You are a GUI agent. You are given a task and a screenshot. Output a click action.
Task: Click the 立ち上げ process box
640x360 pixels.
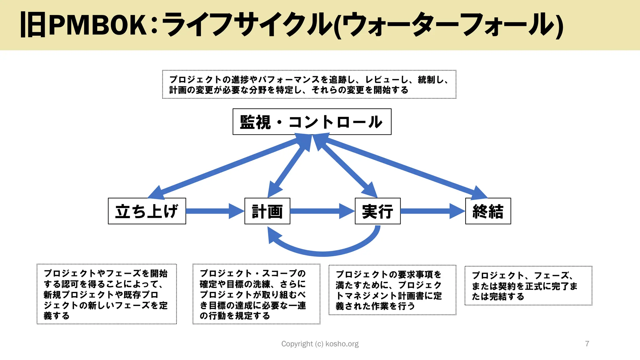(x=147, y=211)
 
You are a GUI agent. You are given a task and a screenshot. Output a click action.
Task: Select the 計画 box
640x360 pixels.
(x=267, y=211)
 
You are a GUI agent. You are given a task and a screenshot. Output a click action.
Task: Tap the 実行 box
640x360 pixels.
(x=377, y=211)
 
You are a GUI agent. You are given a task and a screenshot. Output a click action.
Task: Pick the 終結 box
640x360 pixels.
(x=488, y=211)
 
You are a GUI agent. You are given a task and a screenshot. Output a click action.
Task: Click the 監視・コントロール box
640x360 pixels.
(x=312, y=122)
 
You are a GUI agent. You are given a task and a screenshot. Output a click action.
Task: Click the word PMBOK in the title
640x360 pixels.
(x=98, y=25)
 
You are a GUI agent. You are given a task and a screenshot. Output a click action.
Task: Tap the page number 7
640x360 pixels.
(x=587, y=344)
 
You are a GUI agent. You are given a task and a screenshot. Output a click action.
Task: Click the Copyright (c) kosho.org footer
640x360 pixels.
(x=320, y=344)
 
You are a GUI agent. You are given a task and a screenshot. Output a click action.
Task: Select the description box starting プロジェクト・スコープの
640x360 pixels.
(x=256, y=294)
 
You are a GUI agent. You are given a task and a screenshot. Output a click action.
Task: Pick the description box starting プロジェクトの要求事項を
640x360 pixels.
(x=392, y=290)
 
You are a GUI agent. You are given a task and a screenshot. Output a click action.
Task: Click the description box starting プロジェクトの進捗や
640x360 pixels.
(x=309, y=84)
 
